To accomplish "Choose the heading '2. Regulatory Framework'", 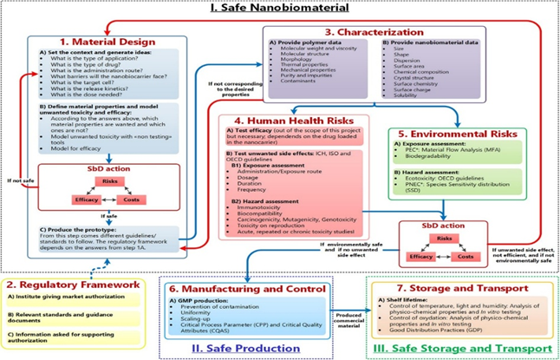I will click(x=75, y=284).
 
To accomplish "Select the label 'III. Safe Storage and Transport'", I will click(x=461, y=349).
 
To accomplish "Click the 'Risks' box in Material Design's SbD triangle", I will click(x=111, y=180).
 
